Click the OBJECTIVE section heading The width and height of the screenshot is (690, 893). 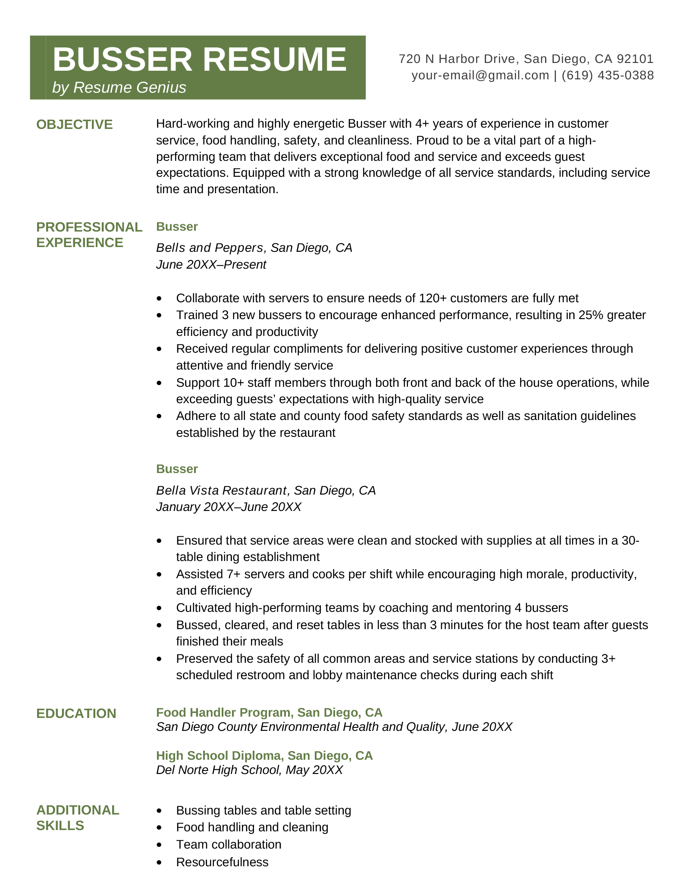74,125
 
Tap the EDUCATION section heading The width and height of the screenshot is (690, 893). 76,714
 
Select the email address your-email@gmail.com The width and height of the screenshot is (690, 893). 480,75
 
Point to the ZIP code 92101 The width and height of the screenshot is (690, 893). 635,59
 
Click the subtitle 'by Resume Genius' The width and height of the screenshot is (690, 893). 119,88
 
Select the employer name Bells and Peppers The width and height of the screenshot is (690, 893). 210,248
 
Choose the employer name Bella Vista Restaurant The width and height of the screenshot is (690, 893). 222,490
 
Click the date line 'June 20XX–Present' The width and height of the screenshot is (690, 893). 211,265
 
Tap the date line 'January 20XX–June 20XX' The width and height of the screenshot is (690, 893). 229,507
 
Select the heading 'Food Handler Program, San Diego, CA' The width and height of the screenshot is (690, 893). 269,712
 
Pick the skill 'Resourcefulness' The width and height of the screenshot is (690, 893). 222,862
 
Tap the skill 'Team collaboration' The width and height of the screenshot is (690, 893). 229,844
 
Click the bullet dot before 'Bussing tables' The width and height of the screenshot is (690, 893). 160,811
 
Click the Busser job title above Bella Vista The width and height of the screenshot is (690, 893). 177,469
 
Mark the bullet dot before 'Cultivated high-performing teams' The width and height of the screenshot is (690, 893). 160,608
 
